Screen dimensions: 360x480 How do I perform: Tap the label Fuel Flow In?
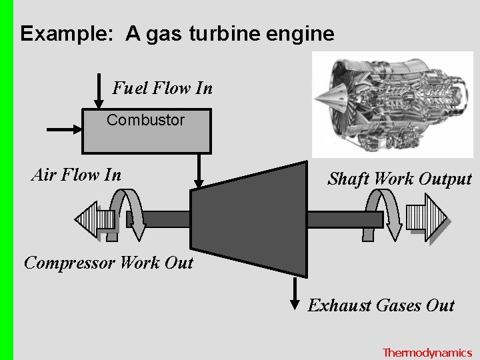point(162,88)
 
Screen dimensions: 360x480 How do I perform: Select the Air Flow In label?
point(77,175)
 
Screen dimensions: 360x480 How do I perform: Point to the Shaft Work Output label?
point(399,179)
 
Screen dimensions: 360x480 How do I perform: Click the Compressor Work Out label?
point(109,263)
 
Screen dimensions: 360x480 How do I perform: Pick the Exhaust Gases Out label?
point(381,306)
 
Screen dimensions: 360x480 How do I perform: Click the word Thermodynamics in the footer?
point(427,353)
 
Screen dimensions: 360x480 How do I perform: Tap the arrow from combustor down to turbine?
point(198,170)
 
